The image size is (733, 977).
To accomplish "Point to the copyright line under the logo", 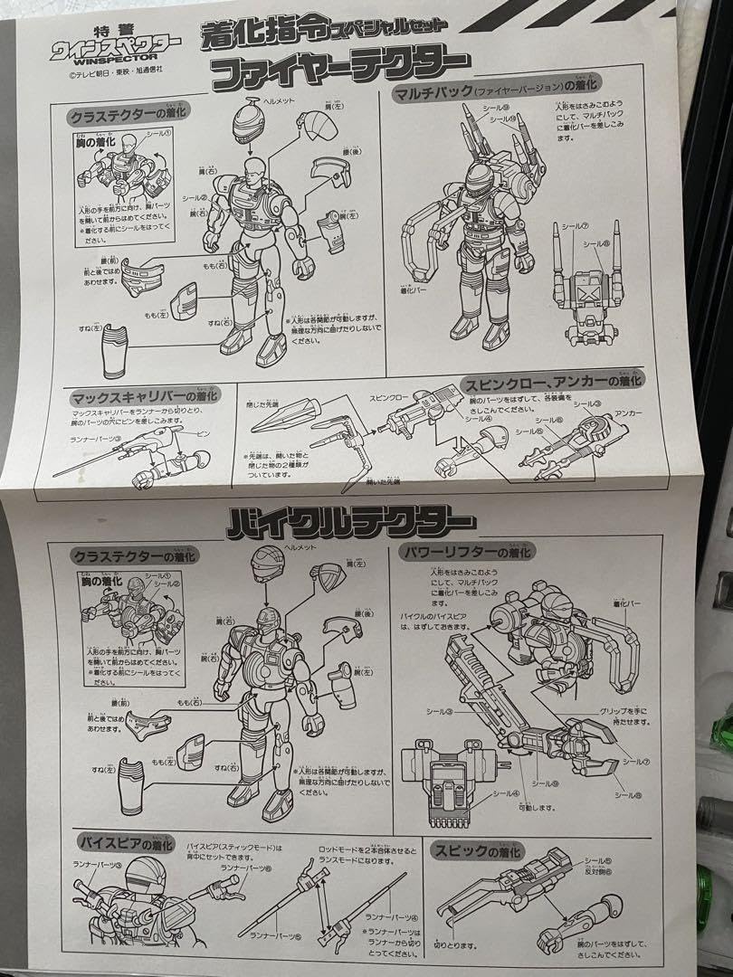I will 99,75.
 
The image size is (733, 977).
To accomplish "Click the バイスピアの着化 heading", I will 124,841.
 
